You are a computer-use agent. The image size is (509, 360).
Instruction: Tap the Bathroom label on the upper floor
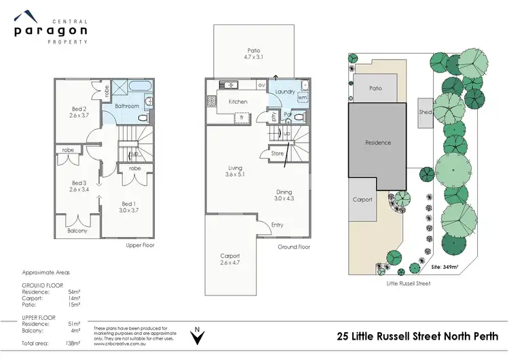coord(126,106)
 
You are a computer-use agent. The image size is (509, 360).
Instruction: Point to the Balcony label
coord(77,231)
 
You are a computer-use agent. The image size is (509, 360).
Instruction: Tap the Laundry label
coord(284,90)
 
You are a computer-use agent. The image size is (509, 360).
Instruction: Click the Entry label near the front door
coord(278,225)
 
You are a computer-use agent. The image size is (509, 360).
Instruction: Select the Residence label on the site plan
coord(378,143)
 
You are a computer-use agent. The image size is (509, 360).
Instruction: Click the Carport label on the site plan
coord(363,200)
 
